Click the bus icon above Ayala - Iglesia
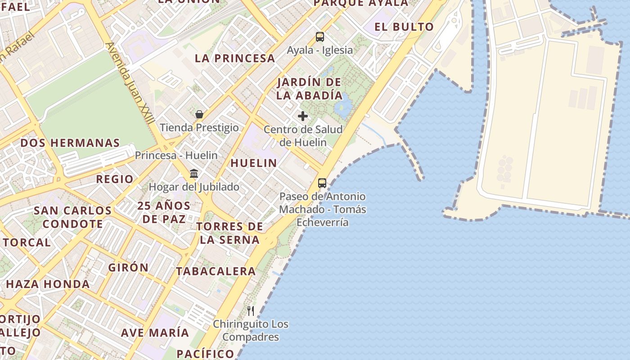[x=320, y=37]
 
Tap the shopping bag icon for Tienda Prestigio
[x=199, y=114]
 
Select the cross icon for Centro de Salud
[x=303, y=116]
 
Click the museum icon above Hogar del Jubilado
[x=194, y=173]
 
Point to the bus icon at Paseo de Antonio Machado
[x=322, y=183]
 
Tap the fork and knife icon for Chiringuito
[x=251, y=310]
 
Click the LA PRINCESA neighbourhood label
[x=235, y=58]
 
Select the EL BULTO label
[x=404, y=27]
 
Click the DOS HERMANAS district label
[x=70, y=143]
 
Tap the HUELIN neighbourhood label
[x=254, y=163]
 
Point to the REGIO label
[x=115, y=179]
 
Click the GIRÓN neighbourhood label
[x=128, y=267]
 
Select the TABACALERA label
[x=216, y=271]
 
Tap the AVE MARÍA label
[x=155, y=333]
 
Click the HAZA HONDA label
[x=48, y=284]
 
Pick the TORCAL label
[x=27, y=242]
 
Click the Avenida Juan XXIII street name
[x=130, y=83]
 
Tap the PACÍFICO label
[x=206, y=353]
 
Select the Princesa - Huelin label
[x=176, y=155]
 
